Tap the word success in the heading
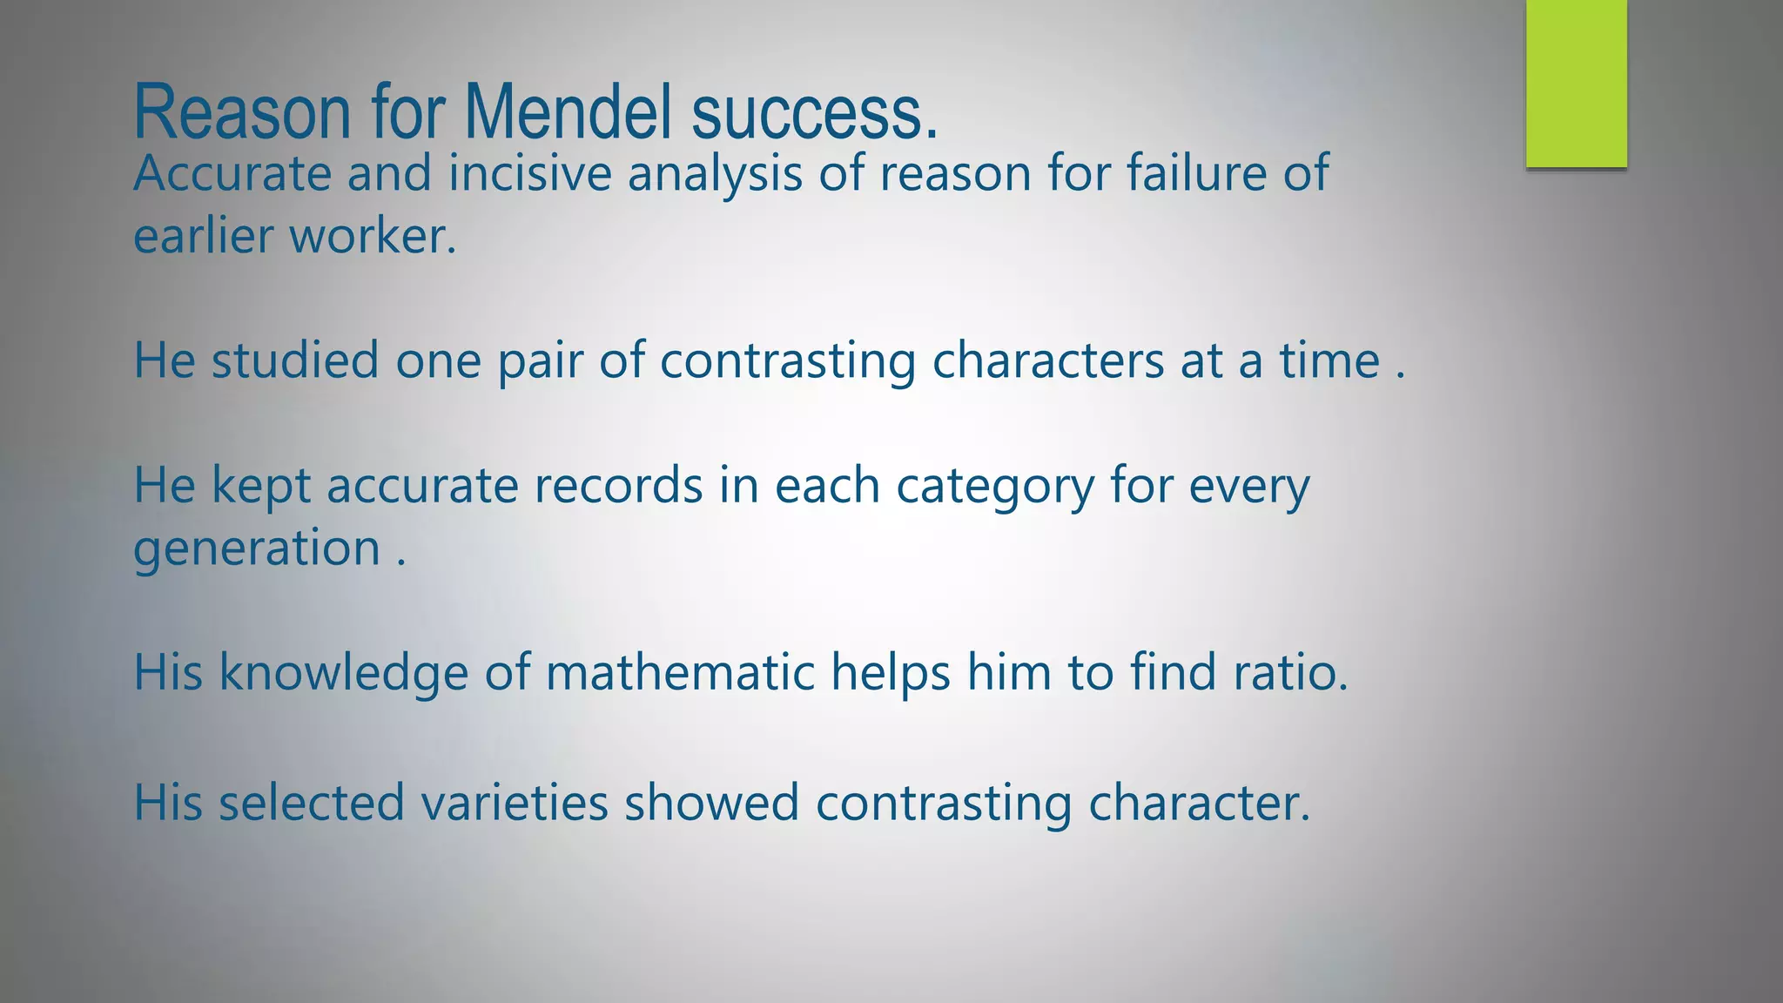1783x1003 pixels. [814, 113]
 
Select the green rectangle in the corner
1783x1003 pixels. [1576, 84]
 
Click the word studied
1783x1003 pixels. [295, 360]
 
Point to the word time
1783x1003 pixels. [1329, 360]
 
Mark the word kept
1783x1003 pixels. [261, 486]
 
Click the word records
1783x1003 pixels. [618, 485]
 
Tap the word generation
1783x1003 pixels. [257, 549]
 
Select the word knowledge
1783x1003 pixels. [343, 673]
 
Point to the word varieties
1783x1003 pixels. [515, 802]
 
